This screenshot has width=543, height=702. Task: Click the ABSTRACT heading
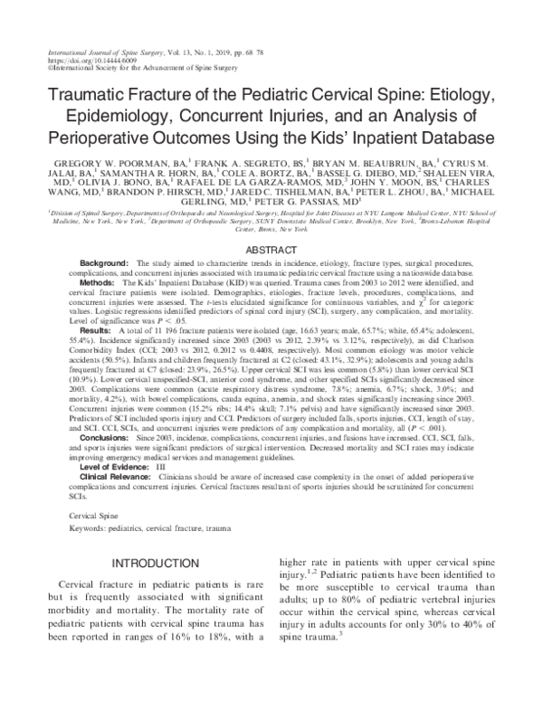(x=271, y=249)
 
